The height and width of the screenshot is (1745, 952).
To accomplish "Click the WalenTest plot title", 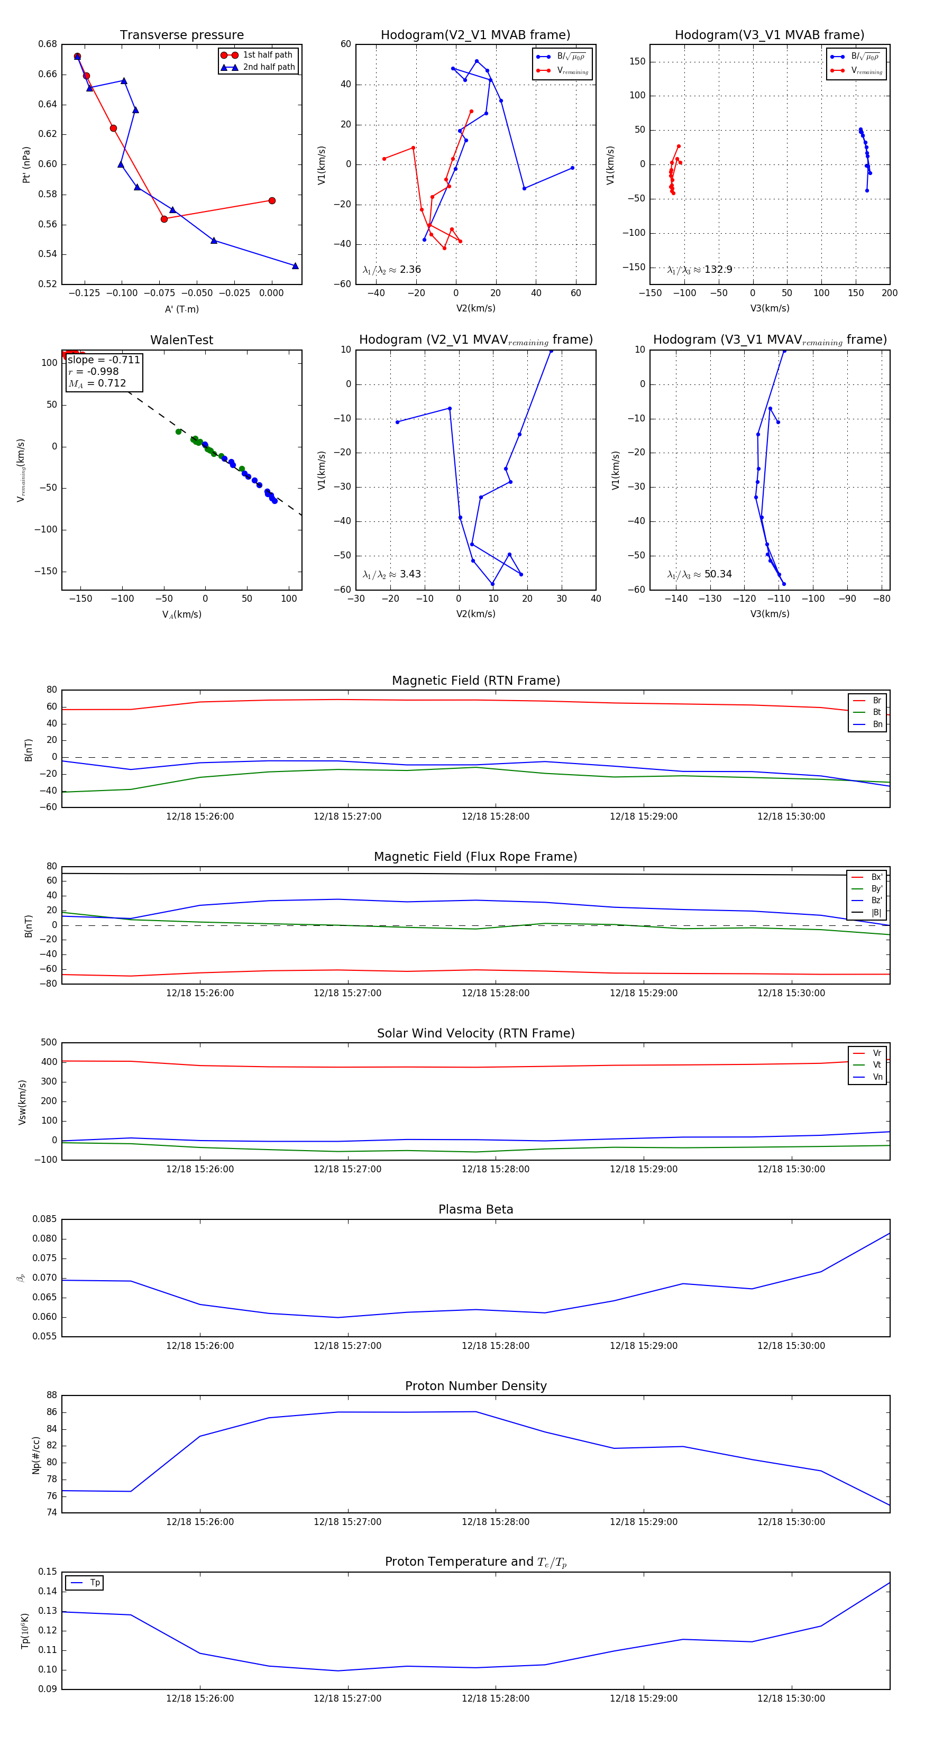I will pyautogui.click(x=181, y=340).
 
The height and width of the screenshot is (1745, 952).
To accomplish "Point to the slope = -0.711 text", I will pyautogui.click(x=104, y=360).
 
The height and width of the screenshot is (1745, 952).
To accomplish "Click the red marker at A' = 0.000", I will pyautogui.click(x=272, y=200).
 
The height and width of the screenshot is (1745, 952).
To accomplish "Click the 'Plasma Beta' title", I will pyautogui.click(x=475, y=1209).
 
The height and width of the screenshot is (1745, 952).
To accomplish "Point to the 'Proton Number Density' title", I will pyautogui.click(x=475, y=1386).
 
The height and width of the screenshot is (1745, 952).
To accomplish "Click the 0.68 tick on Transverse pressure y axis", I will pyautogui.click(x=48, y=44).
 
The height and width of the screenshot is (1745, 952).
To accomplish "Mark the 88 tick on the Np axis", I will pyautogui.click(x=51, y=1395).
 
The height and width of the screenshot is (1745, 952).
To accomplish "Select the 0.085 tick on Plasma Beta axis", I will pyautogui.click(x=45, y=1219).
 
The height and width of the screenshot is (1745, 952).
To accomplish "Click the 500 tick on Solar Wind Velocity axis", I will pyautogui.click(x=49, y=1043).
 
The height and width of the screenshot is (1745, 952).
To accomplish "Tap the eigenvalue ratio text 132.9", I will pyautogui.click(x=718, y=270).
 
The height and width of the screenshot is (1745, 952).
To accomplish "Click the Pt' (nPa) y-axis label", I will pyautogui.click(x=26, y=164).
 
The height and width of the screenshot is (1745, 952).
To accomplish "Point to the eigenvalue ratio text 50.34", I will pyautogui.click(x=718, y=574).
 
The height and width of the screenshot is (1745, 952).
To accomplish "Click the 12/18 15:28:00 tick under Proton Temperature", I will pyautogui.click(x=496, y=1698).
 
